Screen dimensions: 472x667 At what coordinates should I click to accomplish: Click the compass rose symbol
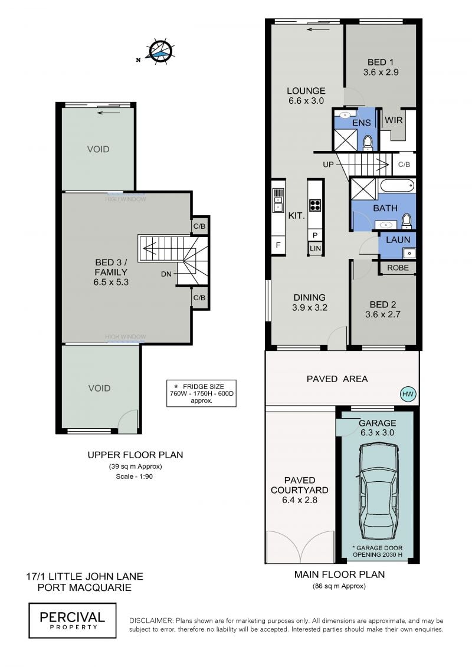[160, 51]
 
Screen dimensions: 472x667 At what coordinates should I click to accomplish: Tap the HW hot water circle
[408, 394]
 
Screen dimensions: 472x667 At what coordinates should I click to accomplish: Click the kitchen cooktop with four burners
[315, 205]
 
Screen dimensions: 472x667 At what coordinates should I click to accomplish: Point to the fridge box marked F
[278, 245]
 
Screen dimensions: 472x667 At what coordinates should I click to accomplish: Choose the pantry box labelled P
[316, 235]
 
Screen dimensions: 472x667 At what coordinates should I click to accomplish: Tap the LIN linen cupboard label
[316, 248]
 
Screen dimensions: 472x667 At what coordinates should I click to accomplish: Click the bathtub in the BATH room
[396, 186]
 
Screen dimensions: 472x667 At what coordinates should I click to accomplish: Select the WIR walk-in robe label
[394, 120]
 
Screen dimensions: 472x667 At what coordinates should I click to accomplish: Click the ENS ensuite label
[361, 123]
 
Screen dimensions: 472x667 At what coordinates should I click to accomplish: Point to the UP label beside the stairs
[328, 164]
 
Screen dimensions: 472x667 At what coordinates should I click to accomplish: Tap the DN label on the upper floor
[166, 274]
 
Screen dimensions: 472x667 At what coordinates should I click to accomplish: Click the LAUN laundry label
[398, 240]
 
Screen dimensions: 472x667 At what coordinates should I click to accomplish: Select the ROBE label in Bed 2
[398, 268]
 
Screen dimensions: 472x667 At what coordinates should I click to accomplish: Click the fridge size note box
[201, 393]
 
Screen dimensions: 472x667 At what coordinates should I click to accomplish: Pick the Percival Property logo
[73, 620]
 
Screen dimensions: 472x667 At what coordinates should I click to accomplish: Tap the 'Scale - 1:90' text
[134, 477]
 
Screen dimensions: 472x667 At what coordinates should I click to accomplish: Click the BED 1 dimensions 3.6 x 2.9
[381, 73]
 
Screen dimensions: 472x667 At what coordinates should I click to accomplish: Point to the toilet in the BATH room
[407, 220]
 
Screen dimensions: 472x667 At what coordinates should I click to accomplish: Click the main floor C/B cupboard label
[404, 164]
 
